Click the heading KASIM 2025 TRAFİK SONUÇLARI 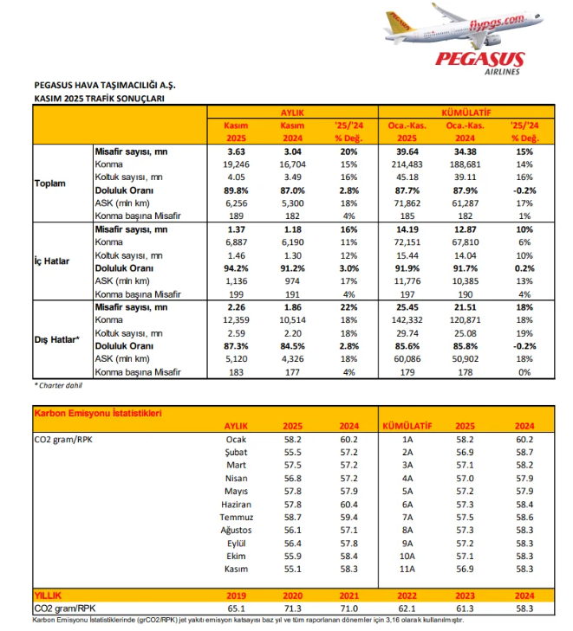pos(98,99)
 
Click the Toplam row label pos(50,184)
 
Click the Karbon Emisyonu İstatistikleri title pos(97,413)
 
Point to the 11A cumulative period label pos(407,569)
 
